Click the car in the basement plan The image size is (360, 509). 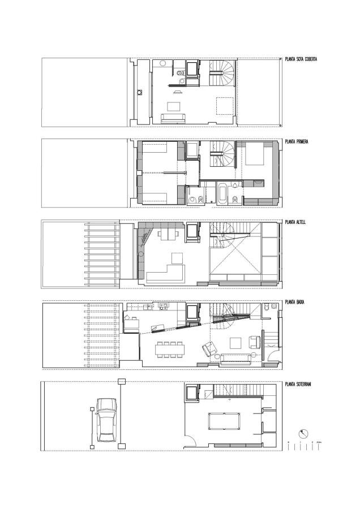coord(107,420)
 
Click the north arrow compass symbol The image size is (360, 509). coord(305,434)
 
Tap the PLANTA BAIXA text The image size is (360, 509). coord(295,302)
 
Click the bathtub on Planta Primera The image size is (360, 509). coord(220,195)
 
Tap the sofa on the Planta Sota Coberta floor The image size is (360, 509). coord(173,118)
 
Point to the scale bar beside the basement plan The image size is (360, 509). coord(304,445)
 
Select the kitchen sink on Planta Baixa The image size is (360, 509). coord(163,307)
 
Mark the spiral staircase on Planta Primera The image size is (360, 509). coord(224,154)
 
